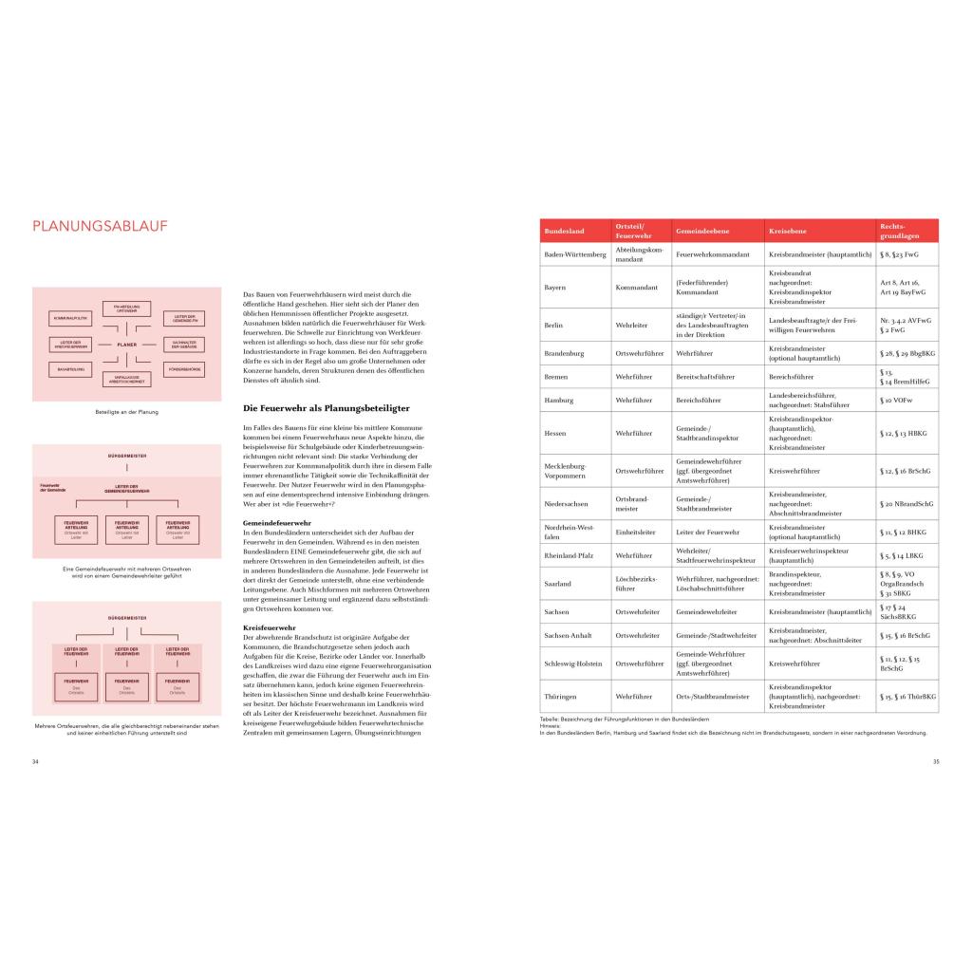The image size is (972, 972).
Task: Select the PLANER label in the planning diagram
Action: coord(127,345)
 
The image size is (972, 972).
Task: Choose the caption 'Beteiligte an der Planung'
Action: coord(127,412)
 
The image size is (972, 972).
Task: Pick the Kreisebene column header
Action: coord(788,232)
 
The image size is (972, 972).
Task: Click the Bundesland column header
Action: coord(564,232)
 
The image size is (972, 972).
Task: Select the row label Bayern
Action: coord(555,287)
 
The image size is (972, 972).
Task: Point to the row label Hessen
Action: coord(555,433)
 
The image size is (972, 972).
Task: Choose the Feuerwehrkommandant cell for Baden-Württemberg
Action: coord(713,255)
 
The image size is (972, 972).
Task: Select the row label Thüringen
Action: coord(560,696)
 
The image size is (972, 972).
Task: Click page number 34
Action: coord(35,760)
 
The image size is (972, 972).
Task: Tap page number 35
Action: coord(935,760)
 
